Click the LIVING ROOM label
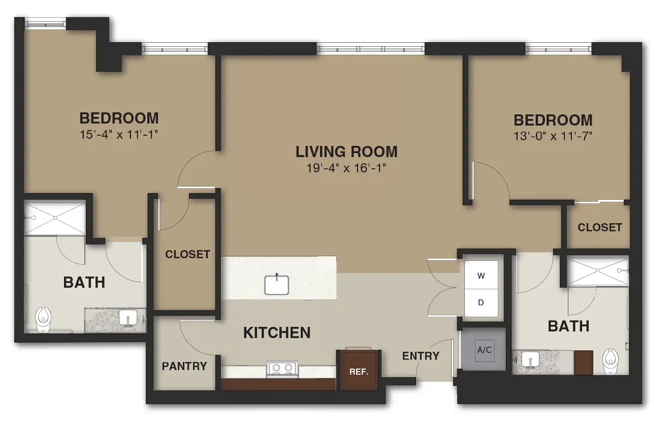pyautogui.click(x=346, y=151)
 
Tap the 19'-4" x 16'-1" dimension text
pyautogui.click(x=346, y=168)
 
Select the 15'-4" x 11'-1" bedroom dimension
pyautogui.click(x=118, y=135)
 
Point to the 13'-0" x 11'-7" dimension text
pyautogui.click(x=553, y=136)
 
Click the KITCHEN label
pyautogui.click(x=277, y=333)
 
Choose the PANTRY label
pyautogui.click(x=184, y=366)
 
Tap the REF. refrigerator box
pyautogui.click(x=359, y=370)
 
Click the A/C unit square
pyautogui.click(x=484, y=350)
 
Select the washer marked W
pyautogui.click(x=481, y=275)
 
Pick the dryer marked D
pyautogui.click(x=481, y=303)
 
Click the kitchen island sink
pyautogui.click(x=276, y=285)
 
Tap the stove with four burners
pyautogui.click(x=282, y=370)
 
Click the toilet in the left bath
pyautogui.click(x=43, y=319)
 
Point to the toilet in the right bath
pyautogui.click(x=610, y=361)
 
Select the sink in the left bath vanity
pyautogui.click(x=128, y=318)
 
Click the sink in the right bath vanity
pyautogui.click(x=530, y=359)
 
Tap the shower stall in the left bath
pyautogui.click(x=55, y=218)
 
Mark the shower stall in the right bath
pyautogui.click(x=597, y=271)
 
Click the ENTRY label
pyautogui.click(x=421, y=356)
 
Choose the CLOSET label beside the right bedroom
pyautogui.click(x=600, y=228)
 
